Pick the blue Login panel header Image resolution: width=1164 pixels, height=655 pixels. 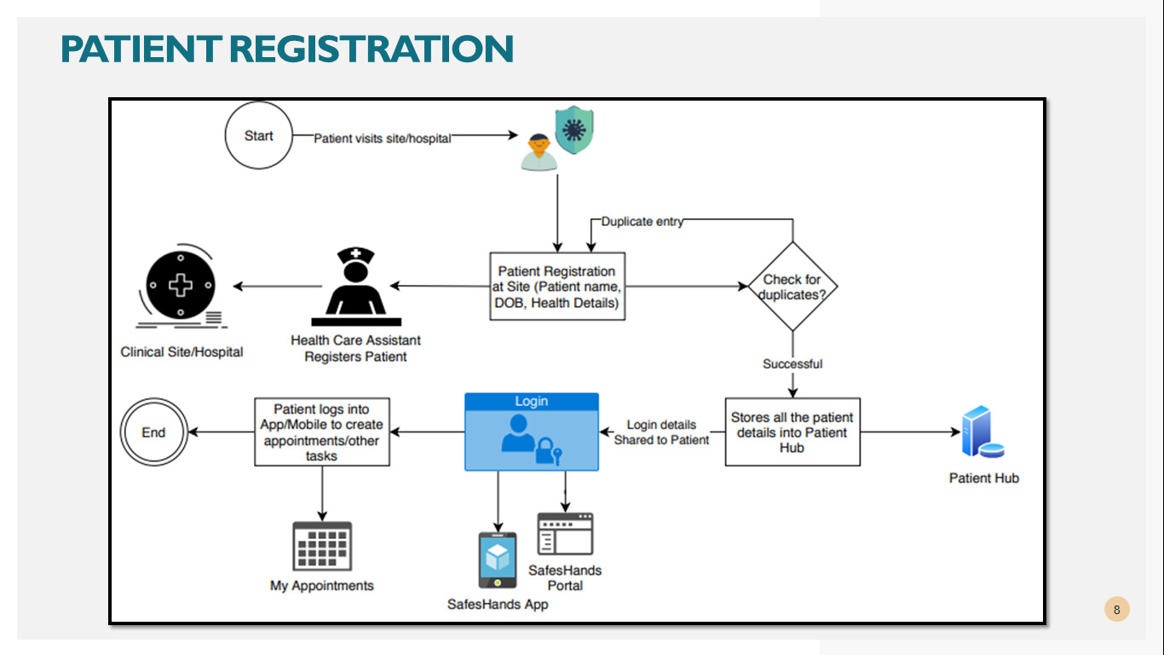coord(532,401)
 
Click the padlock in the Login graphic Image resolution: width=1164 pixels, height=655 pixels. coord(545,450)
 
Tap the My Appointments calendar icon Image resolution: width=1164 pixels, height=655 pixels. coord(322,547)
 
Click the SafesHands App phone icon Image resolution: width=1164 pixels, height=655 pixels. coord(498,560)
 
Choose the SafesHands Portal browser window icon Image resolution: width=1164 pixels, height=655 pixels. coord(565,534)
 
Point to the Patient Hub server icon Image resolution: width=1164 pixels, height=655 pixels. coord(982,432)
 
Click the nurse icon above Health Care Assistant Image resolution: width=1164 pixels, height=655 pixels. coord(356,287)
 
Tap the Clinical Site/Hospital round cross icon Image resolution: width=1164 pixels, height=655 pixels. coord(181,286)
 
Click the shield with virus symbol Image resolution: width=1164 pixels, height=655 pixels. coord(574,130)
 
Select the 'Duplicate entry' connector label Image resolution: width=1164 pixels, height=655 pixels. coord(643,221)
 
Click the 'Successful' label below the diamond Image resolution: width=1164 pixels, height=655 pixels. coord(792,363)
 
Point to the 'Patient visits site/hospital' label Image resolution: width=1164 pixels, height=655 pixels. coord(383,138)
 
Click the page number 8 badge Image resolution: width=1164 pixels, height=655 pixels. coord(1117,609)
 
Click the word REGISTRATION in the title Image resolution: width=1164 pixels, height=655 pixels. coord(371,49)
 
